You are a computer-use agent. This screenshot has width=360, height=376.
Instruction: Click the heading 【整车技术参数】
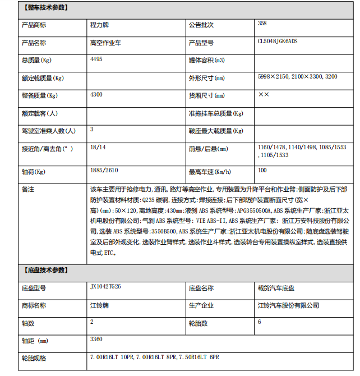tap(45, 8)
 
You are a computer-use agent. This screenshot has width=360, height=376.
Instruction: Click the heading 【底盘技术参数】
tap(45, 270)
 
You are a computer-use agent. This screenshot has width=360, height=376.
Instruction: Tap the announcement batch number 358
tap(262, 24)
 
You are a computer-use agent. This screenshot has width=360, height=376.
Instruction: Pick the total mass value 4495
tap(96, 59)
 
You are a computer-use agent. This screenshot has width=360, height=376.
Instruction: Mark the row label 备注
tap(28, 189)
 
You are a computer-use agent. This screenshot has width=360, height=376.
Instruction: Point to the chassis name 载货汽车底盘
tap(276, 288)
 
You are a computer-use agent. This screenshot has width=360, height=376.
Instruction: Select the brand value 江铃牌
tap(100, 305)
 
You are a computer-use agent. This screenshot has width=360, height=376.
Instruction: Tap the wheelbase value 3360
tap(96, 339)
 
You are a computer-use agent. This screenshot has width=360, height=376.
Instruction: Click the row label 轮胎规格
tap(34, 357)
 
